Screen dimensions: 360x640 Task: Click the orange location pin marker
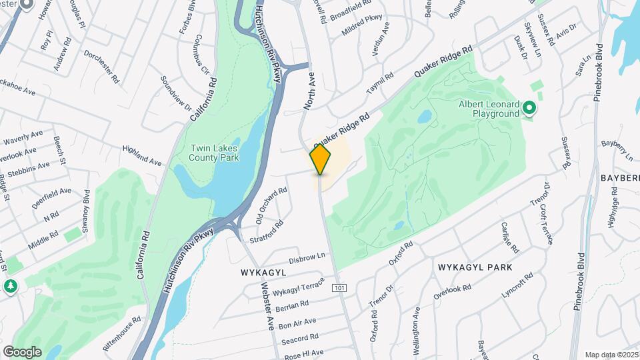(320, 159)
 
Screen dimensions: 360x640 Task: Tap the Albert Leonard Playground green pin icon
(529, 107)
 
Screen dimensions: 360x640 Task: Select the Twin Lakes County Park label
(209, 153)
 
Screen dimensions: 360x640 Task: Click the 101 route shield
(339, 287)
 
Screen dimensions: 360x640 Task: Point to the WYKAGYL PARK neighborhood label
(475, 267)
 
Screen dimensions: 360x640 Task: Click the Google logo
(22, 351)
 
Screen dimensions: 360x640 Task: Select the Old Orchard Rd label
(271, 205)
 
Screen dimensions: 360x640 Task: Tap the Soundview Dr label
(176, 93)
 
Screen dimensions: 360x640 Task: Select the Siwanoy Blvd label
(87, 206)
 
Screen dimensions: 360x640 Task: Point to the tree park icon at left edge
(10, 286)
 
